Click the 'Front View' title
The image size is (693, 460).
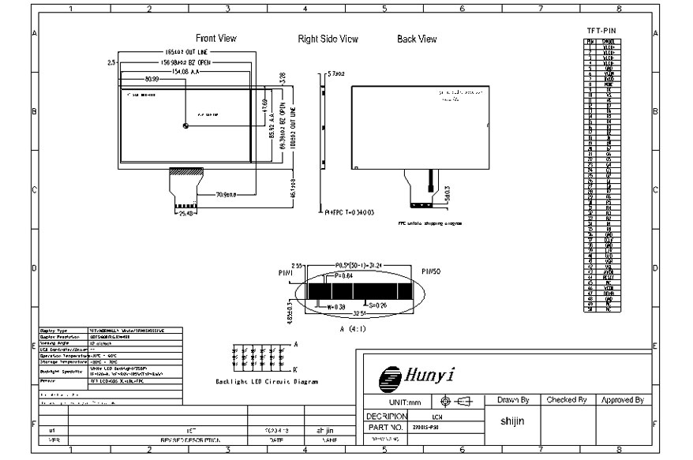pos(216,39)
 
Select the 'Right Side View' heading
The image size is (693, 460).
pos(328,39)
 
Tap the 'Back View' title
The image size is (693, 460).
pos(417,39)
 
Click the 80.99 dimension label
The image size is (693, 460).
pos(153,79)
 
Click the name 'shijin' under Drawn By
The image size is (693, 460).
pos(513,421)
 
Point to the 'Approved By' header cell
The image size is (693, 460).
pos(623,400)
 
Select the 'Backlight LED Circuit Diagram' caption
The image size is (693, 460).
pos(267,381)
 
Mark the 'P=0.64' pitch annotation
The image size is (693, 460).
pos(344,276)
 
